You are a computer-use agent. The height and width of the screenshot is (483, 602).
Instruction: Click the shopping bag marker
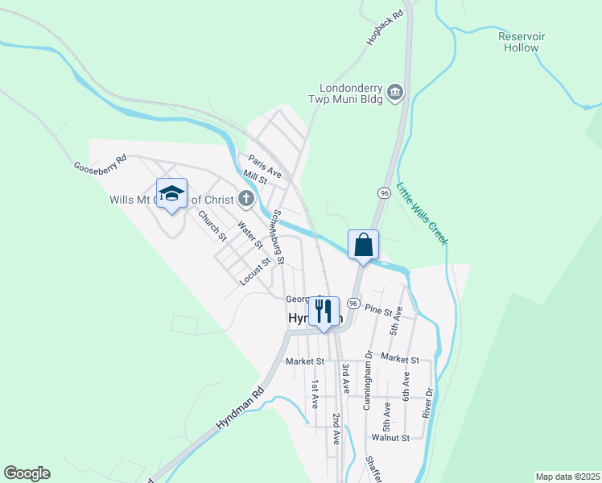pyautogui.click(x=363, y=245)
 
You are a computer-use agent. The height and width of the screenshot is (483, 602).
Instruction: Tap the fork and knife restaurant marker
pyautogui.click(x=324, y=312)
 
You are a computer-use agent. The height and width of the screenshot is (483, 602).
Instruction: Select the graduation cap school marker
pyautogui.click(x=171, y=194)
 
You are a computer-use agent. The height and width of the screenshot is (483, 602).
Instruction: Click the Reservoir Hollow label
pyautogui.click(x=521, y=42)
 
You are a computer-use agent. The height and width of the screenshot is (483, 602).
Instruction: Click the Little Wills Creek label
pyautogui.click(x=423, y=213)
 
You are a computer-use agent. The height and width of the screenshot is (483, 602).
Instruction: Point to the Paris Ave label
pyautogui.click(x=265, y=167)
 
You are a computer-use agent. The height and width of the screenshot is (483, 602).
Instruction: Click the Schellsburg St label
pyautogui.click(x=278, y=237)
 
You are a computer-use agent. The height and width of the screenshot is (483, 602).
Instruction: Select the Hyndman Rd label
pyautogui.click(x=240, y=410)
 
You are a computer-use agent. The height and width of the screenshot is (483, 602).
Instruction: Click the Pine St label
pyautogui.click(x=377, y=311)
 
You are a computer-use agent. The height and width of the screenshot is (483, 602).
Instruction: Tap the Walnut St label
pyautogui.click(x=391, y=438)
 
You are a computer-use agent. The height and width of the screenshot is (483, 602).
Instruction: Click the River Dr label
pyautogui.click(x=429, y=402)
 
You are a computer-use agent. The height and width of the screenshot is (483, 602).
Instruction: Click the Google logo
pyautogui.click(x=27, y=473)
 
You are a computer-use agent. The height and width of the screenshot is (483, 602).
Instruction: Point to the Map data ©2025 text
pyautogui.click(x=567, y=477)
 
